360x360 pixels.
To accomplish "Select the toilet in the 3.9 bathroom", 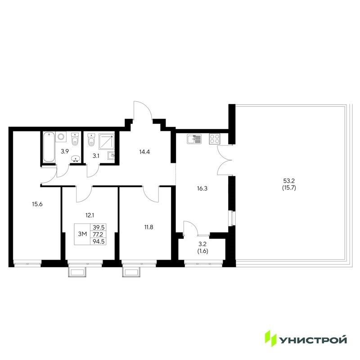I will click(x=75, y=140).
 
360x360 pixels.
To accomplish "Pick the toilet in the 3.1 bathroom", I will click(x=91, y=141).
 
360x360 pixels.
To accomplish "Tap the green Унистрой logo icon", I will click(x=271, y=338).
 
